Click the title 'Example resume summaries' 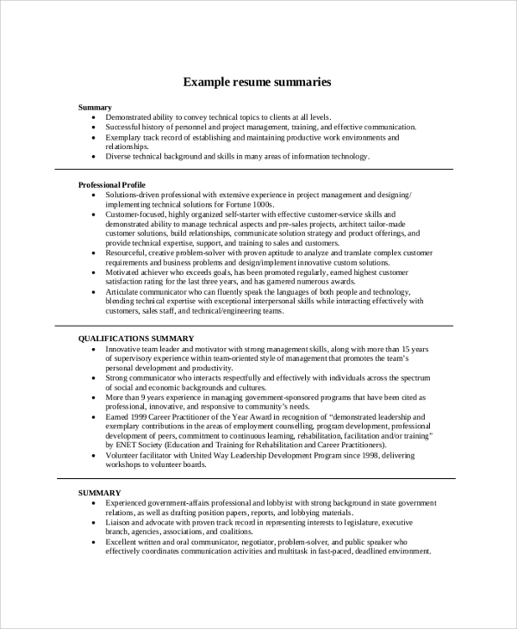click(x=258, y=83)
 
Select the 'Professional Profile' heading click(x=112, y=185)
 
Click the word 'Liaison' click(x=121, y=522)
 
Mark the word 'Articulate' click(x=126, y=291)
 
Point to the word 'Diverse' click(x=120, y=156)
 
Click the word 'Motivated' click(x=126, y=271)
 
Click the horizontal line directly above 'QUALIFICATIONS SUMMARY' click(x=259, y=326)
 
